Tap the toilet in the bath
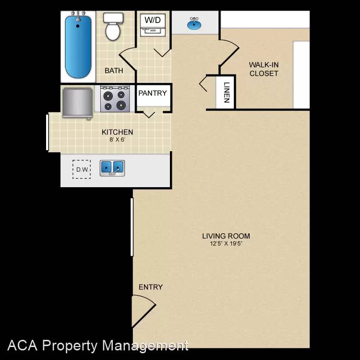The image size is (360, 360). click(113, 26)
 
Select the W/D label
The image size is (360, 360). click(153, 20)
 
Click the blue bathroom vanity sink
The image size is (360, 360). click(194, 24)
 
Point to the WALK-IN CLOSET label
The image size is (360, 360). click(264, 69)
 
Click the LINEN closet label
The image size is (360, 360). click(227, 92)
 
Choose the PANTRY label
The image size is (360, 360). click(153, 93)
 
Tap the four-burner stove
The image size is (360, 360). click(115, 99)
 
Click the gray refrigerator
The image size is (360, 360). click(78, 103)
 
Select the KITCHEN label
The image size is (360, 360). click(117, 132)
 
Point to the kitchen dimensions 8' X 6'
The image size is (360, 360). click(117, 140)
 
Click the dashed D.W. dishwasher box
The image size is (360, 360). click(82, 169)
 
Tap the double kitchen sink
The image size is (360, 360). click(112, 168)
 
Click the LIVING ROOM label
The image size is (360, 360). click(226, 236)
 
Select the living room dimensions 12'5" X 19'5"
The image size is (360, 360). click(226, 243)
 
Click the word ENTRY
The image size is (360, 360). click(151, 287)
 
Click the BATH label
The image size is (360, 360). click(114, 71)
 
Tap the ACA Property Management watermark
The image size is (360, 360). click(98, 346)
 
